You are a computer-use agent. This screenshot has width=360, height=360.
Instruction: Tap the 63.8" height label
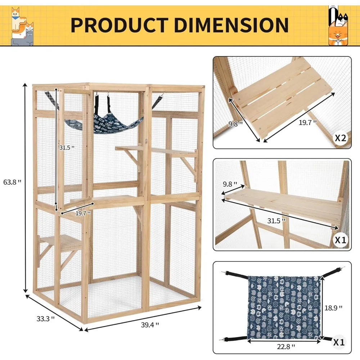click(14, 182)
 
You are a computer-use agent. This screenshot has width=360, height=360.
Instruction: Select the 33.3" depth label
click(45, 318)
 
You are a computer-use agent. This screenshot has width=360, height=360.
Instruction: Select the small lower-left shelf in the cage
click(60, 240)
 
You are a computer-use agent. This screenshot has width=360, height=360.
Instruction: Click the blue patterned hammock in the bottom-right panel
click(284, 307)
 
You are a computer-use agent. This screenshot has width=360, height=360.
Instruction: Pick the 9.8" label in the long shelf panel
click(230, 184)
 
